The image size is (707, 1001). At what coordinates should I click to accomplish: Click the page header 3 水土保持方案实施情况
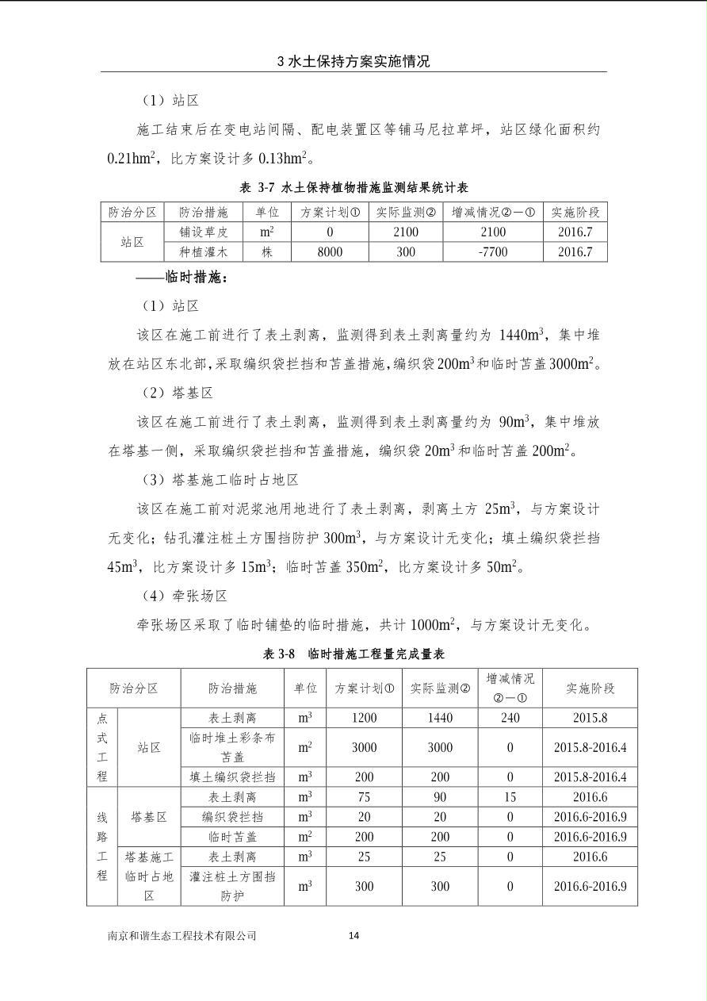click(353, 61)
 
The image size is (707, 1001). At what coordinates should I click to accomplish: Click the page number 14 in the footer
click(353, 936)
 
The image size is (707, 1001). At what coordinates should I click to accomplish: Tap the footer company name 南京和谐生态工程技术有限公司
click(182, 936)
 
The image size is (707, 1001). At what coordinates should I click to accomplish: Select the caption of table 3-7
click(353, 188)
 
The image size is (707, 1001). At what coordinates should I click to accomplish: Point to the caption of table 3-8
click(353, 654)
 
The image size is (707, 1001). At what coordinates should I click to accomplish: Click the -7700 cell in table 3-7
click(492, 252)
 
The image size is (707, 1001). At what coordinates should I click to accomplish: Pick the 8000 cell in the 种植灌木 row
click(329, 252)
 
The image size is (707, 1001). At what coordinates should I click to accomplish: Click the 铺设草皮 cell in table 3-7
click(203, 232)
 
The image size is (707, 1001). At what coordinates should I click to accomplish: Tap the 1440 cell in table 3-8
click(440, 718)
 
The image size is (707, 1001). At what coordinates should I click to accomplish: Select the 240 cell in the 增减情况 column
click(510, 718)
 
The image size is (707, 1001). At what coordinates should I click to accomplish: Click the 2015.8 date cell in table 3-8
click(590, 718)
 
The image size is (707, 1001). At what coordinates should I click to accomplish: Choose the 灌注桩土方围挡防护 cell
click(232, 886)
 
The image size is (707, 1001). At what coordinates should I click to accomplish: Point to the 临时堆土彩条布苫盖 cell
click(232, 747)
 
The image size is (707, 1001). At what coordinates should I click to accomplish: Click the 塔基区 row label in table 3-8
click(149, 817)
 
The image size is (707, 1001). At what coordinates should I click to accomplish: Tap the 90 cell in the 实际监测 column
click(440, 797)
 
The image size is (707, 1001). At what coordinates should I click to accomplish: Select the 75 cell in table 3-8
click(364, 797)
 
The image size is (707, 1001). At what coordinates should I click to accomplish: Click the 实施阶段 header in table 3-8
click(590, 688)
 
